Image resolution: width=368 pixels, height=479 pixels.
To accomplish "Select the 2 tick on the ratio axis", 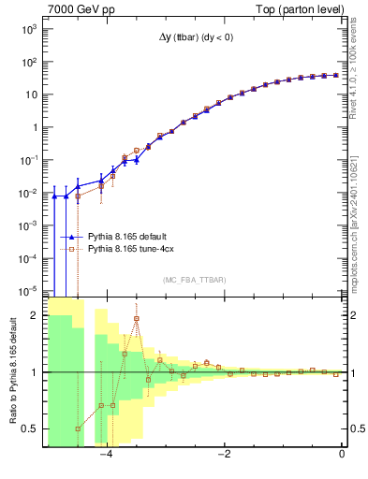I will pyautogui.click(x=36, y=315).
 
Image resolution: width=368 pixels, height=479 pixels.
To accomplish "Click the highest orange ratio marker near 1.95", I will pyautogui.click(x=137, y=318).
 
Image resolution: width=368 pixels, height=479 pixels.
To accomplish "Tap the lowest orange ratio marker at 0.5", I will pyautogui.click(x=78, y=428).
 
